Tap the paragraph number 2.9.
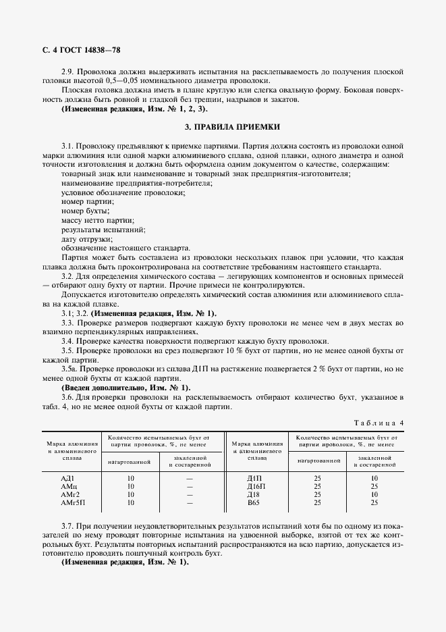(x=68, y=72)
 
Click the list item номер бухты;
(x=84, y=211)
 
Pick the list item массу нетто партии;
(x=97, y=220)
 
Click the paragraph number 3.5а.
(x=69, y=368)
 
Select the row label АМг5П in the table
(x=72, y=502)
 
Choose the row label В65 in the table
(x=252, y=502)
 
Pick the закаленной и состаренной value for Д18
(x=374, y=494)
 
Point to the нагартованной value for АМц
(x=130, y=486)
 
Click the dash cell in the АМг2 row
(x=190, y=494)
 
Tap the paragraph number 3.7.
(x=68, y=525)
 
